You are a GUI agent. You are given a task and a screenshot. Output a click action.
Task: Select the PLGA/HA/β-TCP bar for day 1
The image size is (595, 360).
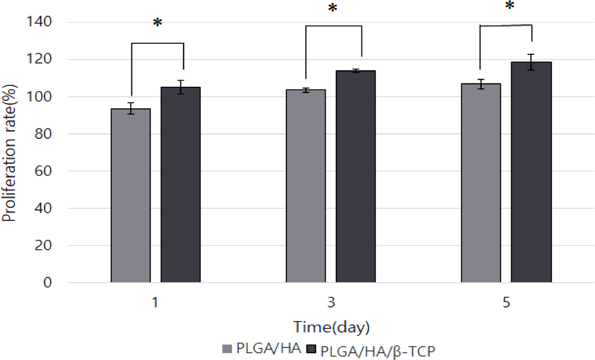(x=180, y=185)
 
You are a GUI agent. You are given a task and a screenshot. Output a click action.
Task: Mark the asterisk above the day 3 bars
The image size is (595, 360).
(x=333, y=8)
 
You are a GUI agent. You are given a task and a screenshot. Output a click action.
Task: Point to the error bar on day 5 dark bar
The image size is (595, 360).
(x=531, y=62)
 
